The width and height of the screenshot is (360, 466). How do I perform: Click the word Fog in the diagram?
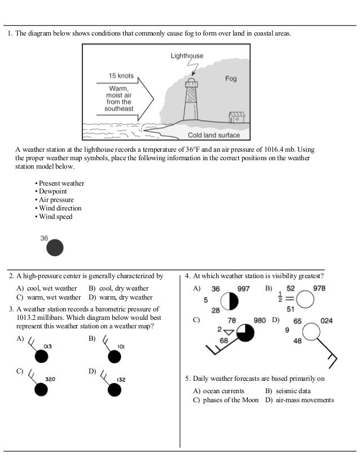tap(231, 79)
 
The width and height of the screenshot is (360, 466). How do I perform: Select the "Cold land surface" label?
tap(214, 135)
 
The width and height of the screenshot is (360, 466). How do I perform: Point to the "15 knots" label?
tap(121, 75)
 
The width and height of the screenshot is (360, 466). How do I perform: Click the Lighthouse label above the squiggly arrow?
tap(187, 56)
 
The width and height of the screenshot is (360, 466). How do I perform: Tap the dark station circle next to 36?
tap(54, 248)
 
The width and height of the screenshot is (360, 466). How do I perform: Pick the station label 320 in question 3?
tap(50, 380)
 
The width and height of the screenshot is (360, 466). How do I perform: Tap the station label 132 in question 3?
tap(121, 380)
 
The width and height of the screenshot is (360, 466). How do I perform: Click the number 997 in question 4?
tap(243, 289)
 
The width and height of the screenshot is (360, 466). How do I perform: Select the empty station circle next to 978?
tap(305, 300)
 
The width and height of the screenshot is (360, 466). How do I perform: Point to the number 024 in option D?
tap(326, 321)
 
